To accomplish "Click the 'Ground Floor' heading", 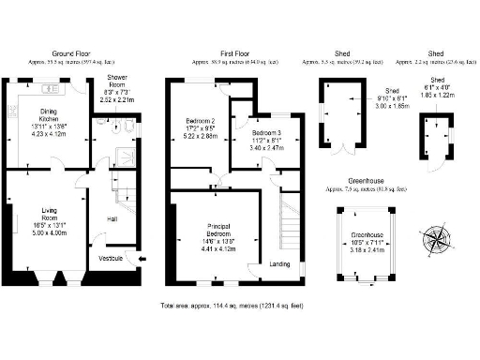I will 70,53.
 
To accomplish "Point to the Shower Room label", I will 117,86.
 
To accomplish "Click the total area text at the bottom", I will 239,307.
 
